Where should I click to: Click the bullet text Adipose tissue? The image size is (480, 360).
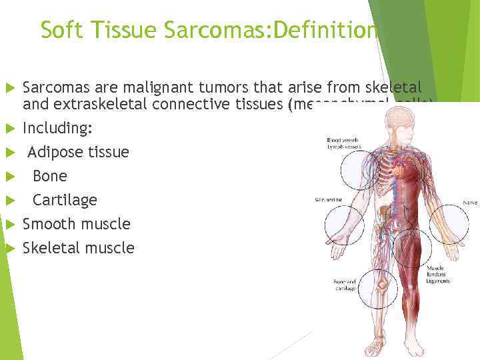(x=78, y=152)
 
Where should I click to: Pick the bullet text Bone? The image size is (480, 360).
(x=50, y=176)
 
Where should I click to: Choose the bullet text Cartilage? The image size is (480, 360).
(x=65, y=200)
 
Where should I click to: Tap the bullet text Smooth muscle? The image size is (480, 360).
(x=76, y=224)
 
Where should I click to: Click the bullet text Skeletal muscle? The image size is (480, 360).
(x=78, y=248)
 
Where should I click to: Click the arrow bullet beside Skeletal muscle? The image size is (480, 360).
(x=10, y=248)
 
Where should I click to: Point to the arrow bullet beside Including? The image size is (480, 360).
(x=10, y=127)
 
